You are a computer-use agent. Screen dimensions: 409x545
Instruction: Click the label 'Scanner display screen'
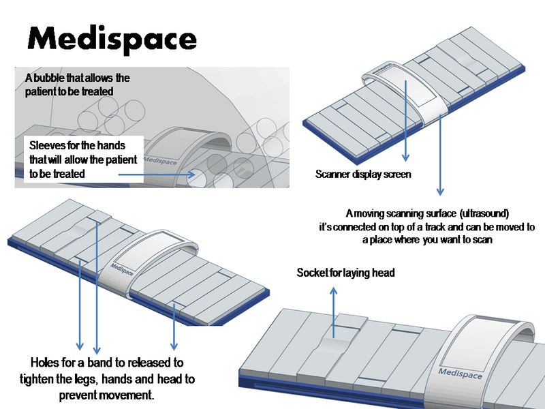pyautogui.click(x=363, y=174)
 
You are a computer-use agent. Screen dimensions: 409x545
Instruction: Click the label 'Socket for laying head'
pyautogui.click(x=345, y=273)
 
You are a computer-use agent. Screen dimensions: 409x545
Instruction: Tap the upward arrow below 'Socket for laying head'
pyautogui.click(x=333, y=310)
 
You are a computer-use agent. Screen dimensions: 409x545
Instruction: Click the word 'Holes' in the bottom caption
pyautogui.click(x=47, y=362)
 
